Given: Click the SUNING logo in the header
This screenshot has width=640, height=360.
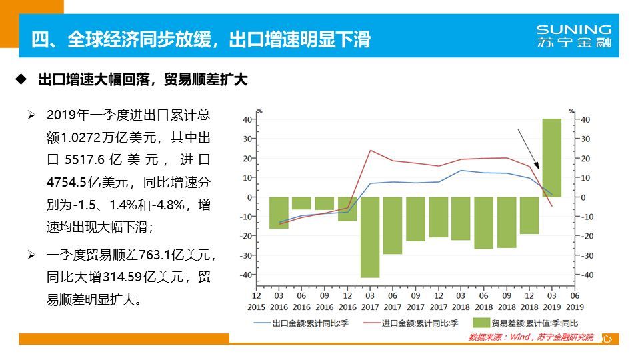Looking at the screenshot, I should point(573,36).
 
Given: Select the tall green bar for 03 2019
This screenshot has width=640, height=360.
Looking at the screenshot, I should point(551,157).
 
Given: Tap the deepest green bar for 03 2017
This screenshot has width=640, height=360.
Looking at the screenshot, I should point(370,237).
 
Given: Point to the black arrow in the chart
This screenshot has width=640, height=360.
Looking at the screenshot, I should point(530,150).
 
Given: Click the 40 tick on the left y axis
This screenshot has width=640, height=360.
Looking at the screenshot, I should point(247,120).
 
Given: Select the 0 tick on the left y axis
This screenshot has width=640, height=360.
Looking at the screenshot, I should point(249,197).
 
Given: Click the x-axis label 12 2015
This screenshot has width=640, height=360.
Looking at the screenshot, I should point(257,301).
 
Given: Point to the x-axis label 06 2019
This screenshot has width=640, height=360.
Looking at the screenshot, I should point(574,301).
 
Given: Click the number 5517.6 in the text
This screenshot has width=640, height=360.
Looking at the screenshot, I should point(89,160).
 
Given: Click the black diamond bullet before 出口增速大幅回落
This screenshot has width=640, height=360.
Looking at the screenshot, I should point(21,80).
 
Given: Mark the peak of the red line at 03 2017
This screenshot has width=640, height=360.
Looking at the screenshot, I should point(371,150).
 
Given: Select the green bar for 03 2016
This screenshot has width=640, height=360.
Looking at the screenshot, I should point(279,213).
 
